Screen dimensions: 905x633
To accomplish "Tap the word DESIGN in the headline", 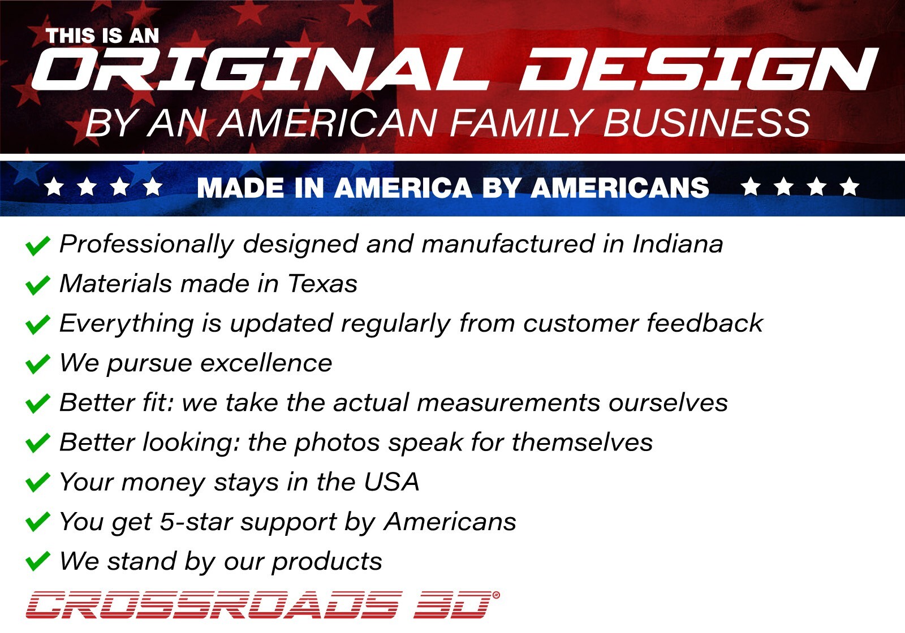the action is click(699, 69).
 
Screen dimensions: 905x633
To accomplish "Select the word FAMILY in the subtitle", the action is click(521, 123).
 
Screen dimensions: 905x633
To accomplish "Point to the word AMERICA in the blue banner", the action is click(403, 188).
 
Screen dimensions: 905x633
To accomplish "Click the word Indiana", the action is click(678, 244).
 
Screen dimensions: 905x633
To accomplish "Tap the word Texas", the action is click(322, 283).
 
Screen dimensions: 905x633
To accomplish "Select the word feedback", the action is click(705, 323).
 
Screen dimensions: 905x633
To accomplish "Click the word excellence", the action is click(266, 363).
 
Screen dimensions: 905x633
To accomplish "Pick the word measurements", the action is click(508, 403).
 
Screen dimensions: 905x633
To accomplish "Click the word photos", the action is click(337, 443).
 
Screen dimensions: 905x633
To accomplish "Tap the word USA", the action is click(391, 482).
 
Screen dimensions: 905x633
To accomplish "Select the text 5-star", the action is click(196, 522).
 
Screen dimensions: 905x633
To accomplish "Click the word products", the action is click(327, 562).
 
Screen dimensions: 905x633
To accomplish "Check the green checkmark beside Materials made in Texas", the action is click(37, 285).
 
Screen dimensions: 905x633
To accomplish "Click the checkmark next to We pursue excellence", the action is click(37, 364).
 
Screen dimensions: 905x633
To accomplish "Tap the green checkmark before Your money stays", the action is click(37, 483).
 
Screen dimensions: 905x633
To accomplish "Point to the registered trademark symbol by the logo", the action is click(496, 595).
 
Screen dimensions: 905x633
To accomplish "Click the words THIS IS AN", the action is click(102, 36).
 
